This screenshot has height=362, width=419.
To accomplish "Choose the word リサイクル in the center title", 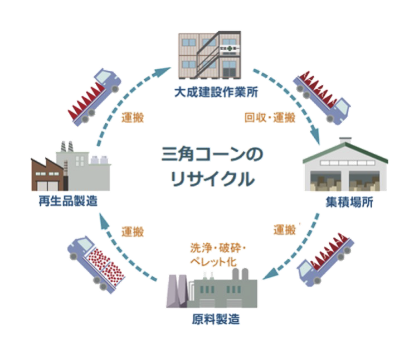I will (209, 180).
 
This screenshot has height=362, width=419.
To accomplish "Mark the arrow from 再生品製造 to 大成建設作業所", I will (134, 95).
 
